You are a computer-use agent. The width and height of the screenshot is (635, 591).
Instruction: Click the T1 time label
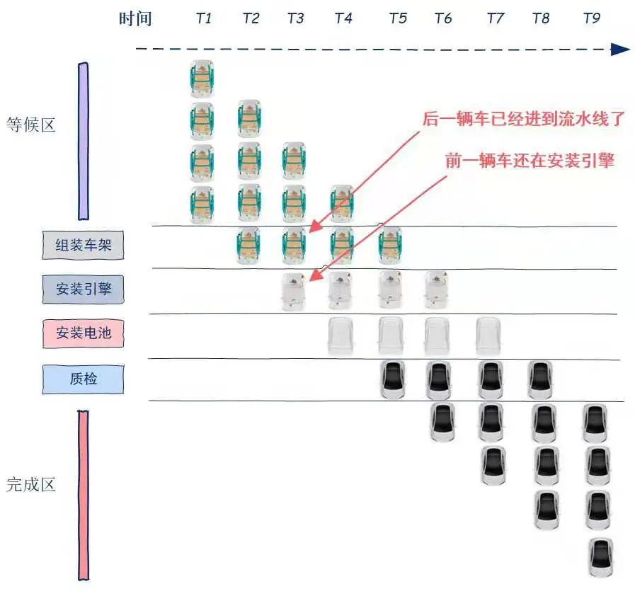click(204, 18)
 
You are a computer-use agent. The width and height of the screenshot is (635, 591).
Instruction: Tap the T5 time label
click(398, 18)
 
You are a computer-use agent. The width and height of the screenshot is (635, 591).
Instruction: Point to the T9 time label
click(591, 18)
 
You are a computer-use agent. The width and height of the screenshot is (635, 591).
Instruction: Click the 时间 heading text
click(135, 18)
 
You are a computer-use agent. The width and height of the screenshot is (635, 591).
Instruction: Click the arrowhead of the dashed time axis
click(621, 49)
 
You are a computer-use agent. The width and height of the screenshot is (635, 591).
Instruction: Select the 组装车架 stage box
click(84, 246)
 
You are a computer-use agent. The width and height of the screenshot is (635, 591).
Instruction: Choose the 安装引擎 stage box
click(84, 289)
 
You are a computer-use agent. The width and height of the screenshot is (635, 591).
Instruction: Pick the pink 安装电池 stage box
click(84, 333)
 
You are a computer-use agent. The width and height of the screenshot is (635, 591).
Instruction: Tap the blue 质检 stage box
click(84, 379)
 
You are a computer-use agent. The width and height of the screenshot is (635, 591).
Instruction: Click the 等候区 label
click(30, 126)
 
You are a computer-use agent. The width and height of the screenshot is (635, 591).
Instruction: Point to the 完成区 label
click(30, 486)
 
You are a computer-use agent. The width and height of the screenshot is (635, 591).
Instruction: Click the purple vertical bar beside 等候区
click(83, 141)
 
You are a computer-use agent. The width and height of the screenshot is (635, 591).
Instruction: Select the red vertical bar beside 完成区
click(83, 495)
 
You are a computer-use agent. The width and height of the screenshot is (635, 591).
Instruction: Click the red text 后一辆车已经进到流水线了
click(524, 118)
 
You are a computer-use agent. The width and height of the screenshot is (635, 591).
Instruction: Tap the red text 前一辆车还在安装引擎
click(529, 160)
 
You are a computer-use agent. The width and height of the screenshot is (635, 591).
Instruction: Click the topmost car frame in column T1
click(202, 79)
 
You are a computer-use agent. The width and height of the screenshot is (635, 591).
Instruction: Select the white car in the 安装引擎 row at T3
click(294, 290)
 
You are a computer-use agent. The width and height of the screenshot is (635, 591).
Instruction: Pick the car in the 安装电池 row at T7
click(488, 335)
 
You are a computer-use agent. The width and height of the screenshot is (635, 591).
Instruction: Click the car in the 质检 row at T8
click(540, 380)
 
